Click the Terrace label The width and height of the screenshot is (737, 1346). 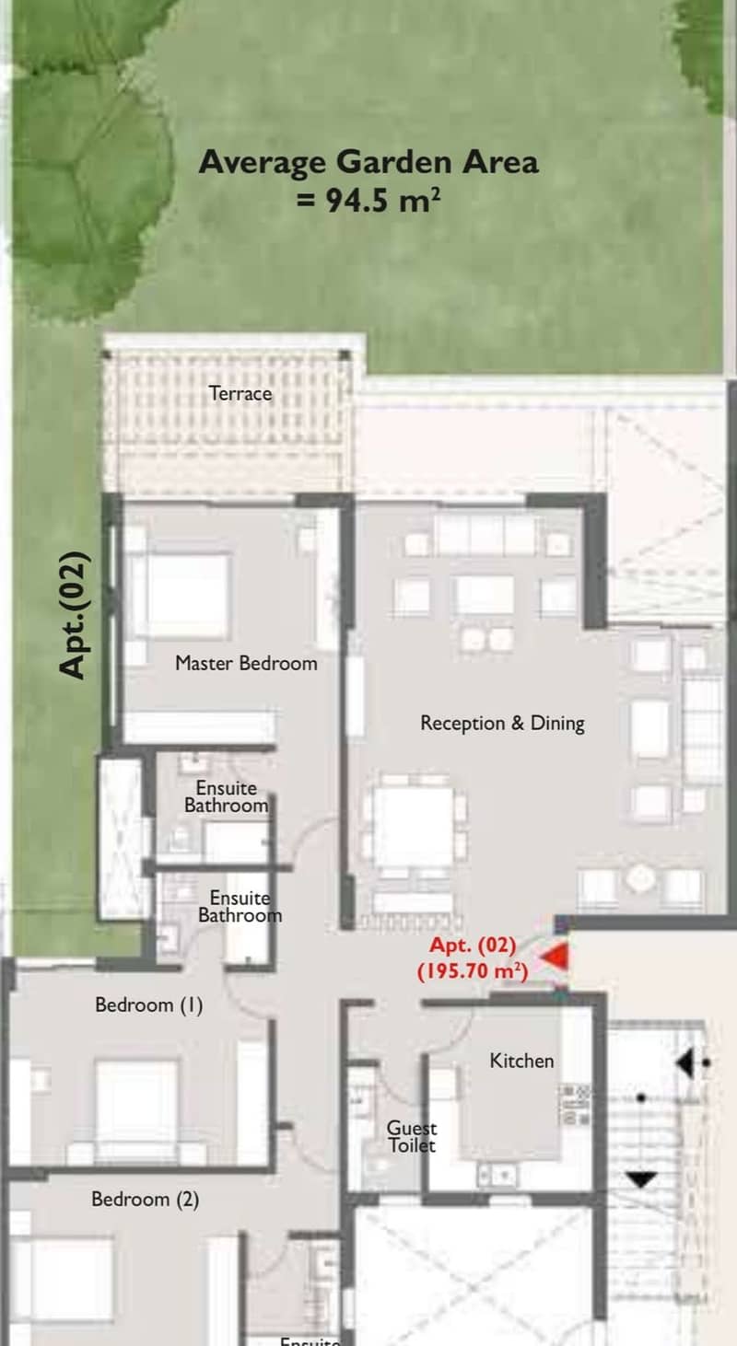click(240, 394)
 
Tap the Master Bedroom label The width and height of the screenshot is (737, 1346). click(247, 664)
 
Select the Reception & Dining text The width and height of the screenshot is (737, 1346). click(503, 723)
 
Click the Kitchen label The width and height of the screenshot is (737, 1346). click(521, 1061)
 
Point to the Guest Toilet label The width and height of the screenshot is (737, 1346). click(412, 1136)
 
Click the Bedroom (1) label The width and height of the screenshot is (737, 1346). click(149, 1004)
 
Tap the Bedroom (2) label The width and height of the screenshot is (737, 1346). click(146, 1199)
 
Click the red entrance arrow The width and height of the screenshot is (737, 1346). click(555, 957)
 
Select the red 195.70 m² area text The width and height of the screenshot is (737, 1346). click(473, 971)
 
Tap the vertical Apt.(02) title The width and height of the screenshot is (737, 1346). click(75, 615)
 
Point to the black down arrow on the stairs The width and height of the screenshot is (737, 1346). click(641, 1179)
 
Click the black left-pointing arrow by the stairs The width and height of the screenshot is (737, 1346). click(684, 1063)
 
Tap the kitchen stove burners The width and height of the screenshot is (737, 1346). click(575, 1105)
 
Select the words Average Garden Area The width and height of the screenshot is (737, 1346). click(368, 162)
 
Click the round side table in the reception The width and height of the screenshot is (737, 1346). click(639, 879)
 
